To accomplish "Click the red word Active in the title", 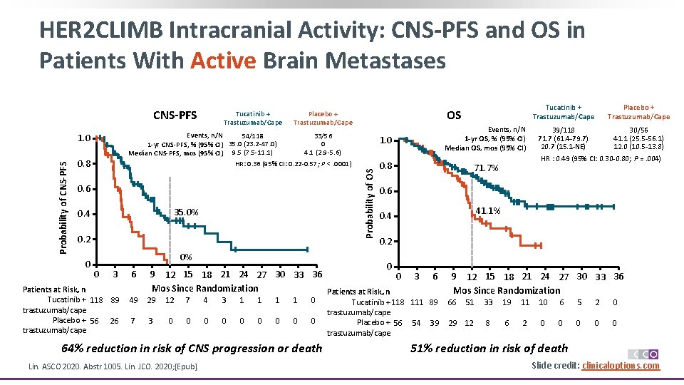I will tap(223, 61).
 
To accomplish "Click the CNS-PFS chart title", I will tap(175, 115).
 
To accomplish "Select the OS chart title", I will tap(454, 115).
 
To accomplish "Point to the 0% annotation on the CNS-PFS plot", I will tap(186, 257).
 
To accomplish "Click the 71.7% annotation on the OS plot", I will tap(487, 168).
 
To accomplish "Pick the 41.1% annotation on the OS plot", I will tap(489, 211).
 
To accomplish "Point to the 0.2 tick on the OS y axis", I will tap(385, 242).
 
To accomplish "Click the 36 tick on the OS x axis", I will tap(618, 277).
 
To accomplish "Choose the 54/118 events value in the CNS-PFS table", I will tap(252, 135).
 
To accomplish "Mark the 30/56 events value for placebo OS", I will tap(638, 130).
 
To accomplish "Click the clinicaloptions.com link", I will tap(621, 366).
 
